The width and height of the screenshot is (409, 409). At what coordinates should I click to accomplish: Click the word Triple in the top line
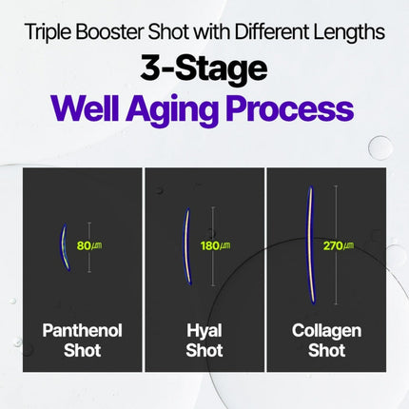(x=49, y=31)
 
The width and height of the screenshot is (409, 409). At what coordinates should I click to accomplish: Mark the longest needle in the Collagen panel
(x=310, y=243)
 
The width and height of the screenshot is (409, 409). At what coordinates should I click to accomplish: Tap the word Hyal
(x=204, y=331)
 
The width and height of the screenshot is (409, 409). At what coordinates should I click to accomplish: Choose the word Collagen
(x=326, y=331)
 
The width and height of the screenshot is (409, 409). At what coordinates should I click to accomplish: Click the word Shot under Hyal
(x=204, y=351)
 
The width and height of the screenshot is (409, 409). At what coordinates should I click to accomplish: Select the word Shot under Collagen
(x=326, y=351)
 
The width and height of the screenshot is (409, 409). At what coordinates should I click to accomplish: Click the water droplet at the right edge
(x=380, y=147)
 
